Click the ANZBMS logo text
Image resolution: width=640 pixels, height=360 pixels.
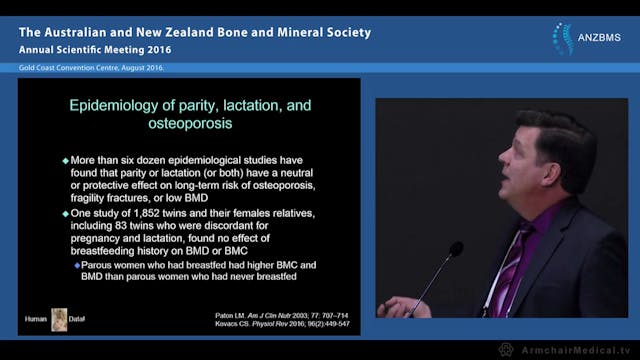pyautogui.click(x=599, y=39)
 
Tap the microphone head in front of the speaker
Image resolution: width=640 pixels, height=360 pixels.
pyautogui.click(x=455, y=249)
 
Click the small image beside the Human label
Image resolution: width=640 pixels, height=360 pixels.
pyautogui.click(x=60, y=319)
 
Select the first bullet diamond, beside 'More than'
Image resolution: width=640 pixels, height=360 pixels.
pyautogui.click(x=66, y=160)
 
